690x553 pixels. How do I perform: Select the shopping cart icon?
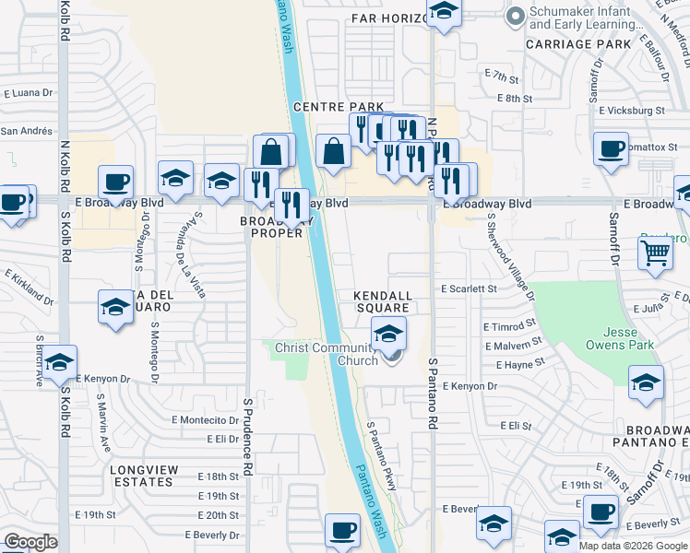[x=655, y=250]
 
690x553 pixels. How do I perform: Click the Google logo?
[x=30, y=542]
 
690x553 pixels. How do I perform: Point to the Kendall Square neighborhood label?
[x=382, y=301]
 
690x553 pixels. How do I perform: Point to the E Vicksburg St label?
[x=631, y=111]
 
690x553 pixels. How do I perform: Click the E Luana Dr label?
[x=30, y=93]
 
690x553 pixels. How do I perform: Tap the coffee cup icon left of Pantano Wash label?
[x=342, y=530]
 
